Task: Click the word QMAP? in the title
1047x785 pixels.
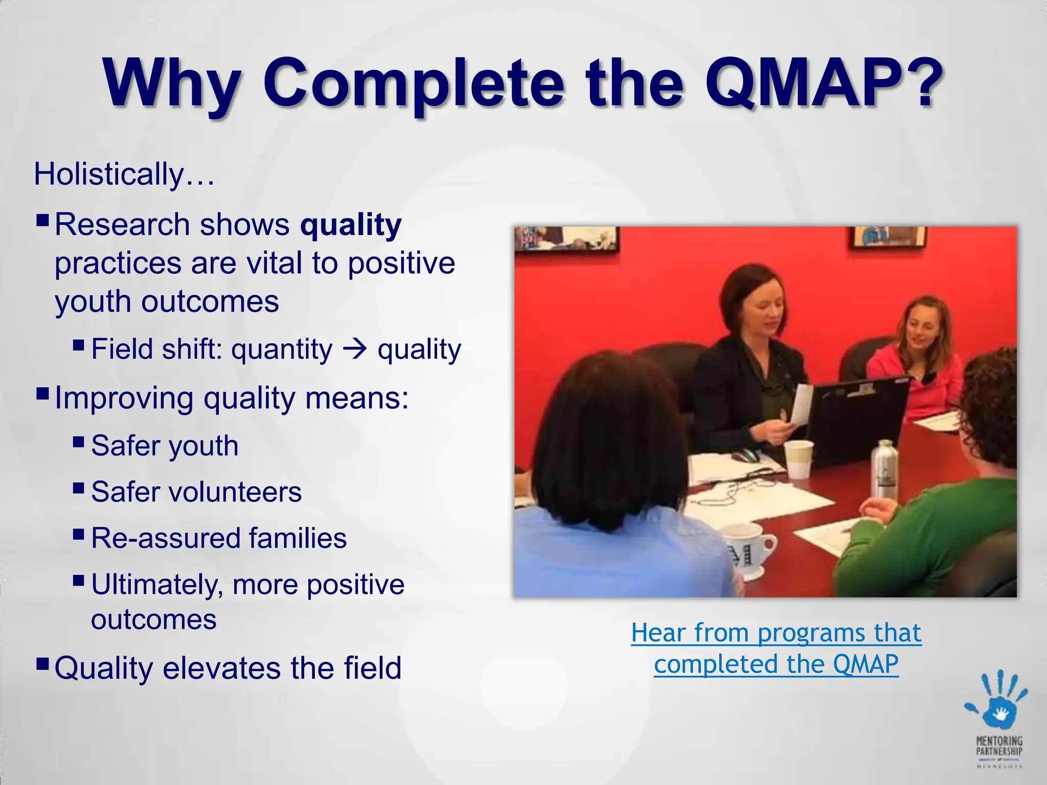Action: [x=823, y=84]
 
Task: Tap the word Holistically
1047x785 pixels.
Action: [x=108, y=174]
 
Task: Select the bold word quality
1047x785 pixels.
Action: [x=351, y=225]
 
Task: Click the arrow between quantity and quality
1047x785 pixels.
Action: [x=355, y=350]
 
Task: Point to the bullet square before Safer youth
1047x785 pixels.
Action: [x=78, y=441]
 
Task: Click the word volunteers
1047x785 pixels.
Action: [x=235, y=492]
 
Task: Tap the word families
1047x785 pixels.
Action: [x=298, y=538]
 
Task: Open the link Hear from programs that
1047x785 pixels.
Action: [x=776, y=633]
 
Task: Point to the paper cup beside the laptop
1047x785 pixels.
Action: [x=799, y=459]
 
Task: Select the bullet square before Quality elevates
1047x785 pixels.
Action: [x=43, y=663]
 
